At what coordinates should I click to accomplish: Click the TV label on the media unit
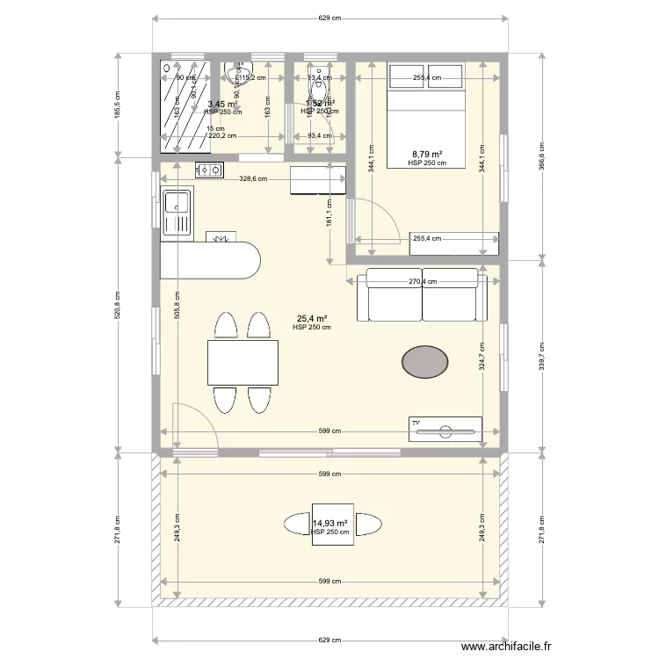click(x=416, y=423)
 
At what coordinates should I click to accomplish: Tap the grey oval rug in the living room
click(x=425, y=359)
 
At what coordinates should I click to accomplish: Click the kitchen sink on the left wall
click(x=176, y=214)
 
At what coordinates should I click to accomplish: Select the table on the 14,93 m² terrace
click(x=332, y=525)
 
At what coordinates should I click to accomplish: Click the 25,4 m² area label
click(x=312, y=319)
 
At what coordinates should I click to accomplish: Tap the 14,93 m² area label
click(x=330, y=524)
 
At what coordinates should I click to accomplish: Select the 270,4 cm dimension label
click(x=423, y=282)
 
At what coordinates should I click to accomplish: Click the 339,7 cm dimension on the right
click(x=543, y=358)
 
